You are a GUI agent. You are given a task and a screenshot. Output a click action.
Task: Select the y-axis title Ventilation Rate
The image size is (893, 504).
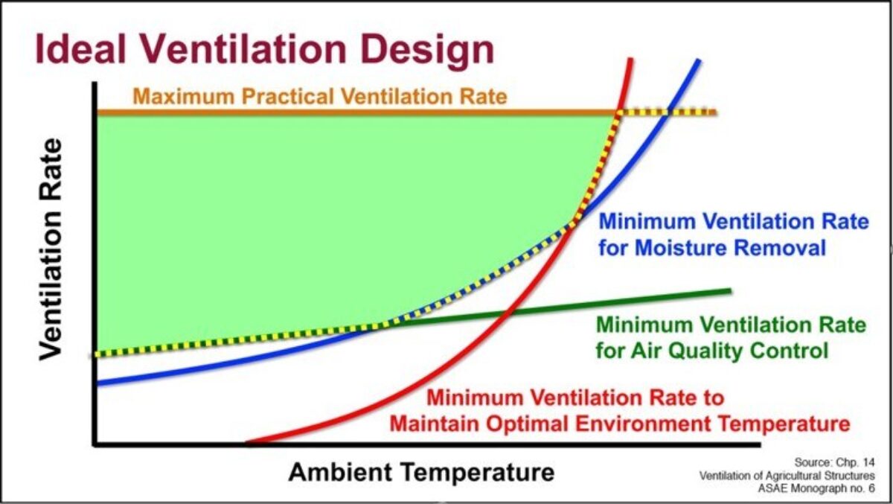coord(51,249)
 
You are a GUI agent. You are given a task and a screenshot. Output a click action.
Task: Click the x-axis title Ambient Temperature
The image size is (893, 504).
coord(421,472)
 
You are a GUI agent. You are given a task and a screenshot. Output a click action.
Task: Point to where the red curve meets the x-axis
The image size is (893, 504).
coord(249,444)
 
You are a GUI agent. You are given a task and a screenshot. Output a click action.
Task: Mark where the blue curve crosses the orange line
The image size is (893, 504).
coord(668,112)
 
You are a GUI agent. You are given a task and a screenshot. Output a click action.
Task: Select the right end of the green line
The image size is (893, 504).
coord(730,291)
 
